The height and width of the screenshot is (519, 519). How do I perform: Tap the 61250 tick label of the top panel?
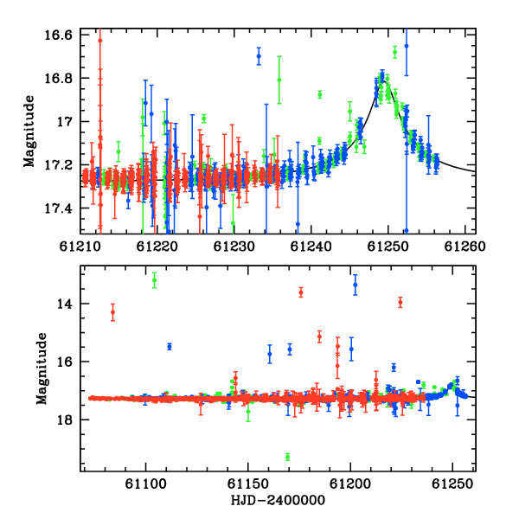(x=388, y=247)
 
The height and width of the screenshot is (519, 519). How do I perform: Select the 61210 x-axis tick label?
(x=80, y=247)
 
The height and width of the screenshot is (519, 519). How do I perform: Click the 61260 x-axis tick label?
(x=465, y=247)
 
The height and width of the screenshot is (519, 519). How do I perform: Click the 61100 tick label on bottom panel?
(x=145, y=484)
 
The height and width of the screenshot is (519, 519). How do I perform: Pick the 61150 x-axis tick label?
(x=248, y=484)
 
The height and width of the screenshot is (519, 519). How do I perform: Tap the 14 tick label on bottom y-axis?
(x=64, y=304)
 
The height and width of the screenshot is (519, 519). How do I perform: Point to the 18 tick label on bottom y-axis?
(x=64, y=420)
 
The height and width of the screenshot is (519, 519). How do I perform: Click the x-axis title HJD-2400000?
(x=278, y=500)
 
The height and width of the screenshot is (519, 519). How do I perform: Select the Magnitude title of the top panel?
(x=29, y=131)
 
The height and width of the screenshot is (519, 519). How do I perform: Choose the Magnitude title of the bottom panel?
(x=42, y=368)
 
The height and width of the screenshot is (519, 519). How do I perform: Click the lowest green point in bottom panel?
(x=288, y=457)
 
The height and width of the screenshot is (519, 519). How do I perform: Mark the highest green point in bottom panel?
(x=154, y=280)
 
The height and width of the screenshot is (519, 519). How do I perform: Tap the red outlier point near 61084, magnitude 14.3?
(x=112, y=312)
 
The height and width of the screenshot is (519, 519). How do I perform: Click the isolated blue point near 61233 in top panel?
(x=259, y=56)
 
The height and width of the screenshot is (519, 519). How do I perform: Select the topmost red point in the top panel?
(x=100, y=41)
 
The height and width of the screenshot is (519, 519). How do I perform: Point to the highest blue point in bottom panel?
(x=356, y=285)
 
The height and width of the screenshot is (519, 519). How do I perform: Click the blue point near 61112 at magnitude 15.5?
(x=170, y=347)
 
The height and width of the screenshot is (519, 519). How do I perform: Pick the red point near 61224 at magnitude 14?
(x=400, y=302)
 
